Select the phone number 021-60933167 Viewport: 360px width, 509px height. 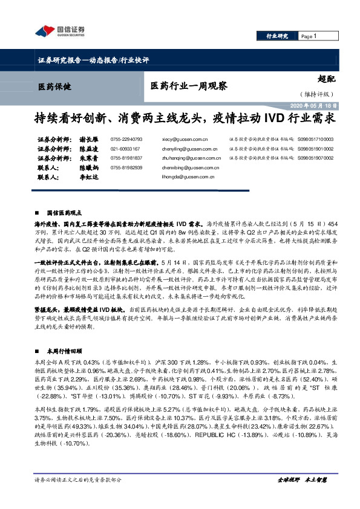125,148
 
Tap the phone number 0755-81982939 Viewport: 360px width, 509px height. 126,167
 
